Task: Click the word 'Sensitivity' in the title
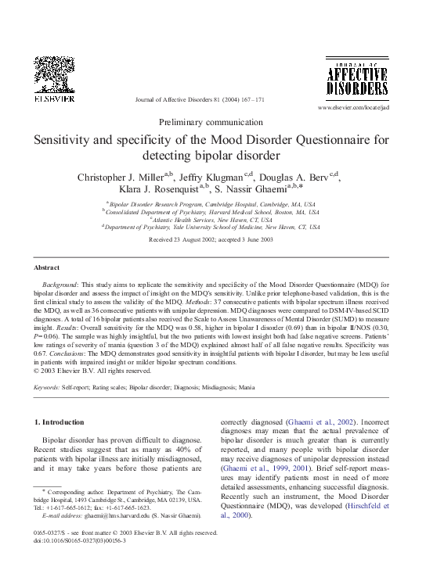tap(63, 141)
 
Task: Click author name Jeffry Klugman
tap(211, 177)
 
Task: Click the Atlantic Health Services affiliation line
tap(211, 220)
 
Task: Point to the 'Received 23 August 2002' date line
tap(176, 238)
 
